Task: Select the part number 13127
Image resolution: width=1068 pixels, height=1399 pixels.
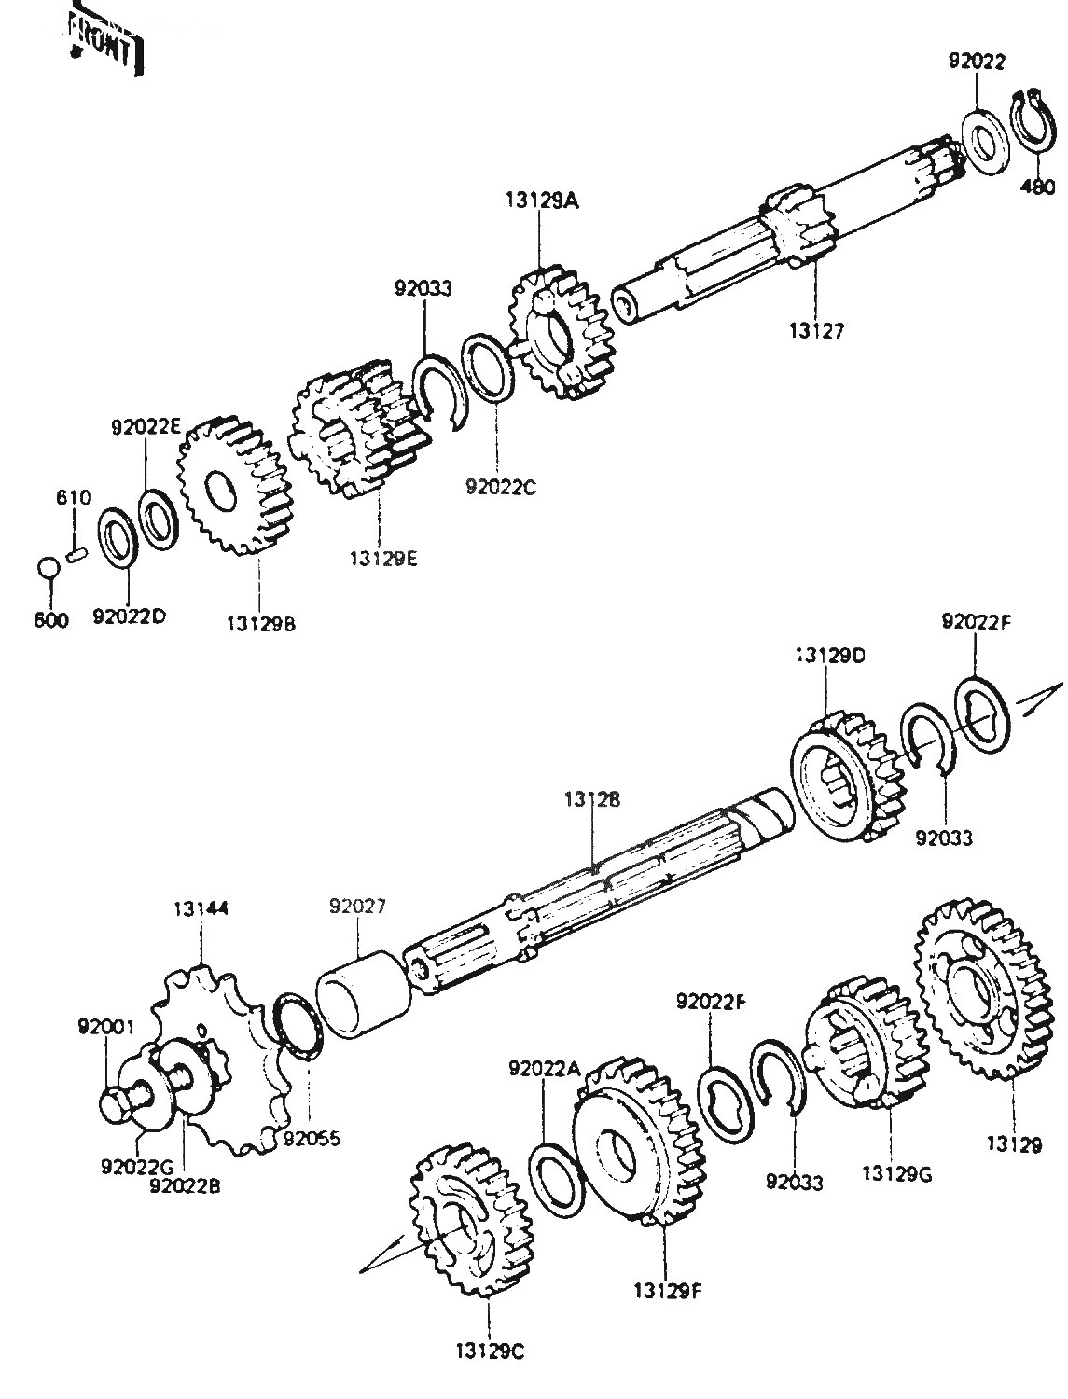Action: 814,329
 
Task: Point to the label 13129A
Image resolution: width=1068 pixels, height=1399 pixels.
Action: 542,199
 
